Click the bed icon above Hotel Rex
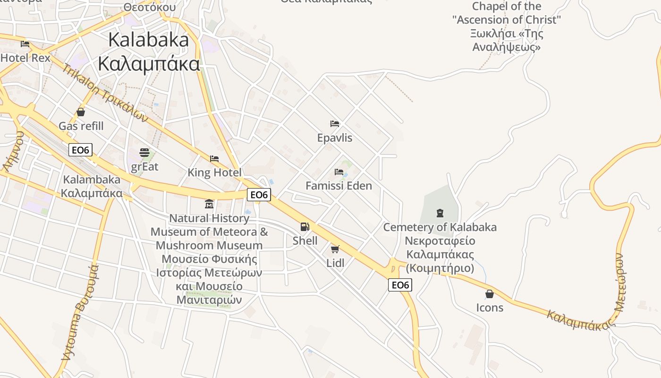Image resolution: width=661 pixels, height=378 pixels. point(25,44)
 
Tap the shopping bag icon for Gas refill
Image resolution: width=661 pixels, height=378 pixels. point(81,112)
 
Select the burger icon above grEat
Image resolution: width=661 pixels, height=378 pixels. point(144,153)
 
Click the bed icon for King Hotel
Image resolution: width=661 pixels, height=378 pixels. point(214,158)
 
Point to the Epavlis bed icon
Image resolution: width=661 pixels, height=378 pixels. point(335,124)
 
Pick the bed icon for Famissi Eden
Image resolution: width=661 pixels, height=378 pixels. point(339,172)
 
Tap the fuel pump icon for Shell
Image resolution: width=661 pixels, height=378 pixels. point(305,227)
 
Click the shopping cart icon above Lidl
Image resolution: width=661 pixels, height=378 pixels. point(335,249)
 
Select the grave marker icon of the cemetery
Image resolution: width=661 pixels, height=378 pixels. point(440,213)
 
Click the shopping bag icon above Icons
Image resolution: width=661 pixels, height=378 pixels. point(490,294)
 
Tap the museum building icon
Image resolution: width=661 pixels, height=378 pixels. point(209,204)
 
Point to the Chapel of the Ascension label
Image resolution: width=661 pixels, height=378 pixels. point(507,26)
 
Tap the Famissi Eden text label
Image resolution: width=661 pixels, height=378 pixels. point(339,186)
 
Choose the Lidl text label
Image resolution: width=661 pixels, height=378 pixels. point(335,263)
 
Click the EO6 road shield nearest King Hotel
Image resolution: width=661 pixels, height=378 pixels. point(259,194)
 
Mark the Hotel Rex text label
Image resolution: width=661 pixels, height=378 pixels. point(25,58)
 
